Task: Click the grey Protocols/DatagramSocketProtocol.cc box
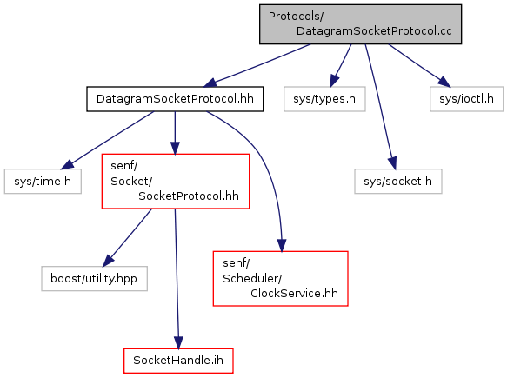click(360, 24)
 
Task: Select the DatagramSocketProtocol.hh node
click(175, 99)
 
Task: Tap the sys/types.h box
click(324, 99)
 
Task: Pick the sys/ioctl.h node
click(467, 99)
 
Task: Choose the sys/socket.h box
click(398, 182)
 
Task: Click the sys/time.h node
click(43, 182)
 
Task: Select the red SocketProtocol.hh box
click(176, 182)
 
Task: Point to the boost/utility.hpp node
click(94, 278)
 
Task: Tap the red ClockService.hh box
click(281, 278)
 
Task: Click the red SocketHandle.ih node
click(178, 361)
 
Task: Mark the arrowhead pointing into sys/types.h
click(334, 81)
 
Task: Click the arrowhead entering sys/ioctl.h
click(444, 82)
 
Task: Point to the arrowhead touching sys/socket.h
click(392, 163)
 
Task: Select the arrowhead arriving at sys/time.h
click(67, 164)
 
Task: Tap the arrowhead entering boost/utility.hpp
click(108, 261)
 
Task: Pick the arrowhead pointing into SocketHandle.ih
click(178, 342)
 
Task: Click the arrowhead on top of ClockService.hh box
click(282, 245)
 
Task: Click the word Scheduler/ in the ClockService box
click(252, 278)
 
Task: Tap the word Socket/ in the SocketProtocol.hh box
click(131, 182)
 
